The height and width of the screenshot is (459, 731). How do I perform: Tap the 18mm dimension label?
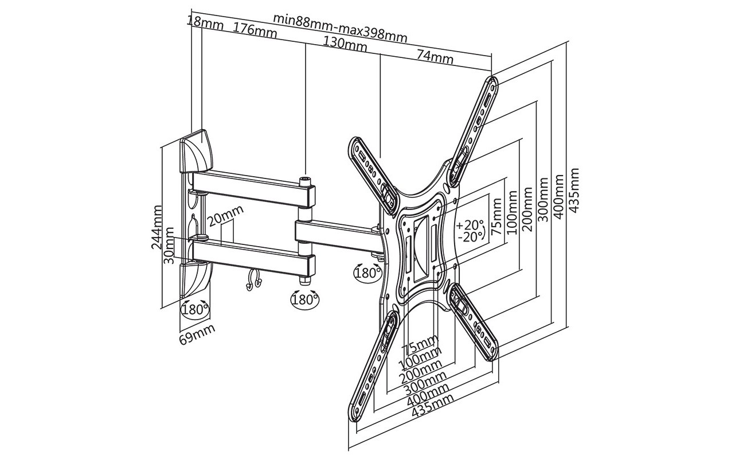click(x=205, y=23)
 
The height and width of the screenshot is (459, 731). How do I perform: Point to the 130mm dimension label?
click(x=345, y=44)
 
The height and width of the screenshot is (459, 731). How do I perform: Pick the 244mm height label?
click(x=157, y=227)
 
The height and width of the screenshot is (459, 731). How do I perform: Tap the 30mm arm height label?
click(x=169, y=246)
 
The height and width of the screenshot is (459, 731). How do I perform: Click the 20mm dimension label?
click(x=226, y=216)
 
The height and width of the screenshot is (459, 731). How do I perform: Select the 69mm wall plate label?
click(x=197, y=334)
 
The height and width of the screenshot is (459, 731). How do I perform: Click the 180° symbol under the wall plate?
click(x=195, y=309)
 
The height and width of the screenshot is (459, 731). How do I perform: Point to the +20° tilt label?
click(x=470, y=225)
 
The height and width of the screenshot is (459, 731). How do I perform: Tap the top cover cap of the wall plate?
click(x=196, y=151)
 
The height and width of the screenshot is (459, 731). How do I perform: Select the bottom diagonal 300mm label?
click(x=425, y=383)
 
